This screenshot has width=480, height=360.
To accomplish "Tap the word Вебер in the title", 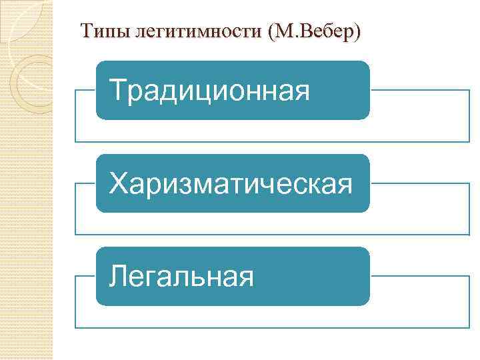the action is (325, 31).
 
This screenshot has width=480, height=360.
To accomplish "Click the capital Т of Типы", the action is (85, 31).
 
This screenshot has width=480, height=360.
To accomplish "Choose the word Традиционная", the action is (209, 90).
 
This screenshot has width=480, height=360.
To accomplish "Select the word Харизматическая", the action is (231, 183).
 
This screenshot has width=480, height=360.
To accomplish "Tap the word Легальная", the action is (181, 275).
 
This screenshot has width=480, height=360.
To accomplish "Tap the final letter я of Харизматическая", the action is (344, 185).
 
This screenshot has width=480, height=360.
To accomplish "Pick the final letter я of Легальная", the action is (245, 277).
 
